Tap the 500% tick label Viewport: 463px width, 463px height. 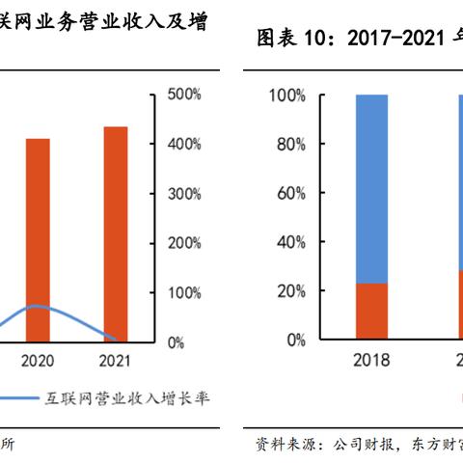(184, 95)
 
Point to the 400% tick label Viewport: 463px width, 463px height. (184, 144)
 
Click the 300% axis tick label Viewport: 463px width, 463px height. (184, 194)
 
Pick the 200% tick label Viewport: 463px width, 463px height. (184, 243)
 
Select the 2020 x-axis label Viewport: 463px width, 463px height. (38, 361)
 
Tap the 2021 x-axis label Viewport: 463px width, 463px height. (116, 361)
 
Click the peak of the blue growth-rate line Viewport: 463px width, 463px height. (36, 306)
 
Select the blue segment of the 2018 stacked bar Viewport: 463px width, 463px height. (371, 188)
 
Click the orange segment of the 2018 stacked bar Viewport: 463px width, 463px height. (371, 311)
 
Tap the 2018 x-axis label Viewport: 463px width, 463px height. (371, 361)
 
